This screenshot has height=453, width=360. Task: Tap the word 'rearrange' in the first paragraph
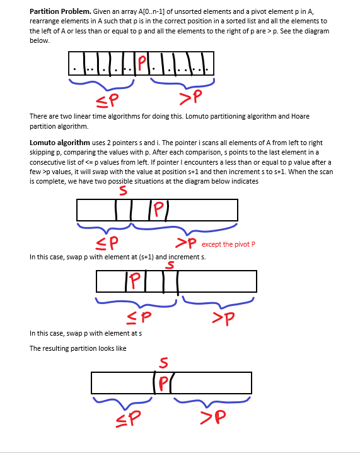point(46,21)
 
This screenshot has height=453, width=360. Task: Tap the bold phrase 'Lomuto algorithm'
point(60,143)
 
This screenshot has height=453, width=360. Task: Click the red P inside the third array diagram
point(133,279)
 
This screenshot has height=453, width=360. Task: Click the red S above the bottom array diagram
point(163,363)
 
